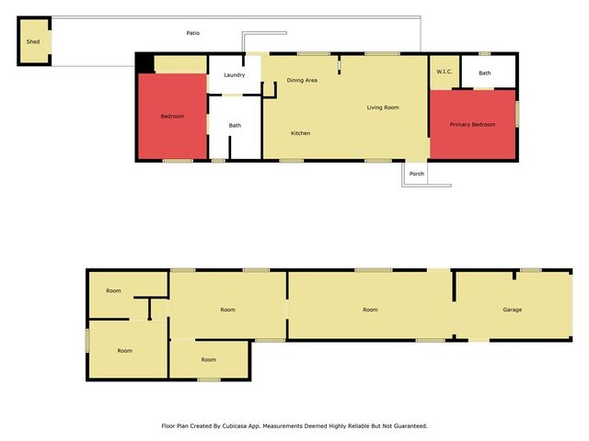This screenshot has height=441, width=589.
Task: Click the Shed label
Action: coord(33,41)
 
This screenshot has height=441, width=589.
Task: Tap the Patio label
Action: coord(192,33)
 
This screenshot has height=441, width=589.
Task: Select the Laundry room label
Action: coord(234,74)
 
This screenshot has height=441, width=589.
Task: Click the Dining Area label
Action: coord(302,81)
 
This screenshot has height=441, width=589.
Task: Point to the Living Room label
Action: coord(383,107)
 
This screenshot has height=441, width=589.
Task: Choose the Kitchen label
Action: coord(300,133)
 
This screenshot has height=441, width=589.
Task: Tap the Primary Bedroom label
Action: coord(472,124)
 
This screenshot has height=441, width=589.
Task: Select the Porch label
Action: coord(417,174)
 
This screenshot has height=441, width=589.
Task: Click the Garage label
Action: coord(513,310)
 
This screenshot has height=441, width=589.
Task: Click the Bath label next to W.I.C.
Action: coord(485,73)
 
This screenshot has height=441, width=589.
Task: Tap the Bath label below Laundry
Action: coord(235,126)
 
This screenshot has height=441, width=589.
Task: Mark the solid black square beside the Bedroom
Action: coord(144,62)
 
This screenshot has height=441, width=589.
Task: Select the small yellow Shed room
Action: coord(34,51)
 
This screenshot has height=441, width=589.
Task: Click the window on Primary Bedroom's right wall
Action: coord(517,114)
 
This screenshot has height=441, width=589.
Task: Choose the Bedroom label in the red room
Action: coord(172,117)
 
